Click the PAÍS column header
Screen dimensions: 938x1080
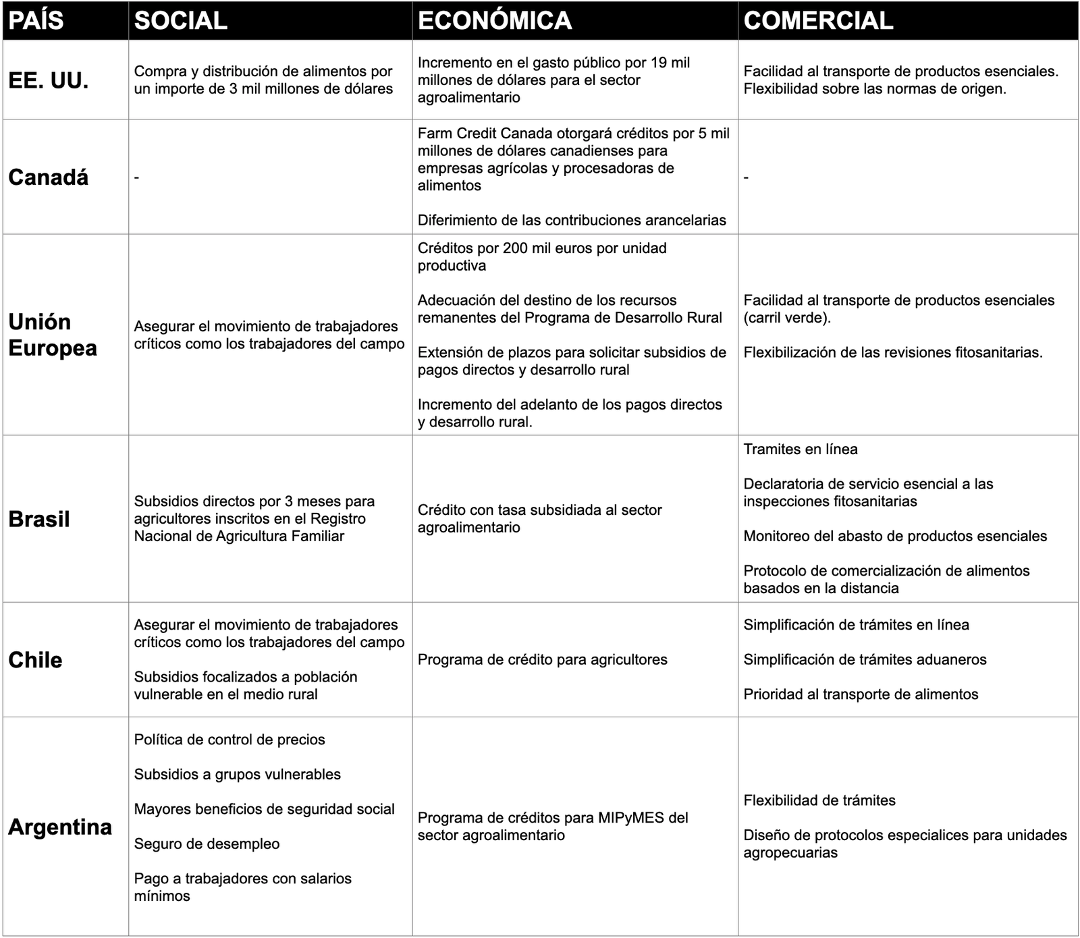pyautogui.click(x=36, y=21)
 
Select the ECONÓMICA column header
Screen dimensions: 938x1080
pyautogui.click(x=495, y=21)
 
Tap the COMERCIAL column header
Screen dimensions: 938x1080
pyautogui.click(x=818, y=21)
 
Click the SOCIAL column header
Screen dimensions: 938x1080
pyautogui.click(x=181, y=21)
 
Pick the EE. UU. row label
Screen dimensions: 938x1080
pyautogui.click(x=49, y=81)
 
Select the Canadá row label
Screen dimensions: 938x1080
pyautogui.click(x=49, y=177)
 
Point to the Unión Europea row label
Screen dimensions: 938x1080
pyautogui.click(x=53, y=335)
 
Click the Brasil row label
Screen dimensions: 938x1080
pyautogui.click(x=39, y=519)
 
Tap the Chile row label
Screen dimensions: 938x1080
pyautogui.click(x=35, y=660)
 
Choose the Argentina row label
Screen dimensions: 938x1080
pyautogui.click(x=60, y=827)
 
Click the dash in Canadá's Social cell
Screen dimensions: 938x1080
pyautogui.click(x=137, y=177)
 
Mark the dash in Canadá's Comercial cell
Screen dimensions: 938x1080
pyautogui.click(x=746, y=177)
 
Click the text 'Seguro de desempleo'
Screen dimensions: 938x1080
pyautogui.click(x=207, y=844)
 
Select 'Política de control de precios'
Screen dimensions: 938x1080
pyautogui.click(x=230, y=740)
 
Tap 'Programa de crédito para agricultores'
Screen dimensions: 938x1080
pyautogui.click(x=542, y=660)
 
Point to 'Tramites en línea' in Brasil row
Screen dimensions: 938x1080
pyautogui.click(x=801, y=449)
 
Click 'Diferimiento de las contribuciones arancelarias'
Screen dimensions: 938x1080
pyautogui.click(x=572, y=220)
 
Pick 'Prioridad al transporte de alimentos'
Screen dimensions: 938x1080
pyautogui.click(x=861, y=694)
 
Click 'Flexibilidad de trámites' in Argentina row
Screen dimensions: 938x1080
pyautogui.click(x=819, y=800)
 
